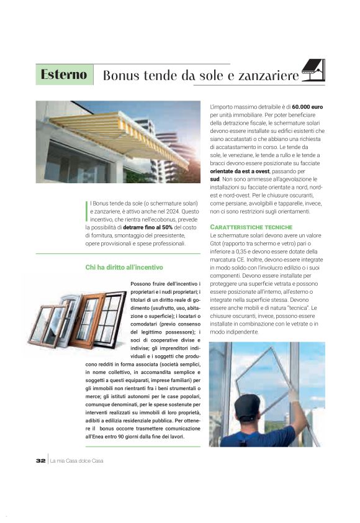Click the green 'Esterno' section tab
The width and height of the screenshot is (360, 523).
(64, 75)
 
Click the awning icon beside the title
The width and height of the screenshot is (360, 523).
(313, 71)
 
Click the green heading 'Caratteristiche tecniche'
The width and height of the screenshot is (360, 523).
(246, 227)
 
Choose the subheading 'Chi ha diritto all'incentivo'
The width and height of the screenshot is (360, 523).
(124, 267)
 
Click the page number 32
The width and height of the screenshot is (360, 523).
(40, 460)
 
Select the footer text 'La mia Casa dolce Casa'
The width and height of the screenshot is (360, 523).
(76, 460)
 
